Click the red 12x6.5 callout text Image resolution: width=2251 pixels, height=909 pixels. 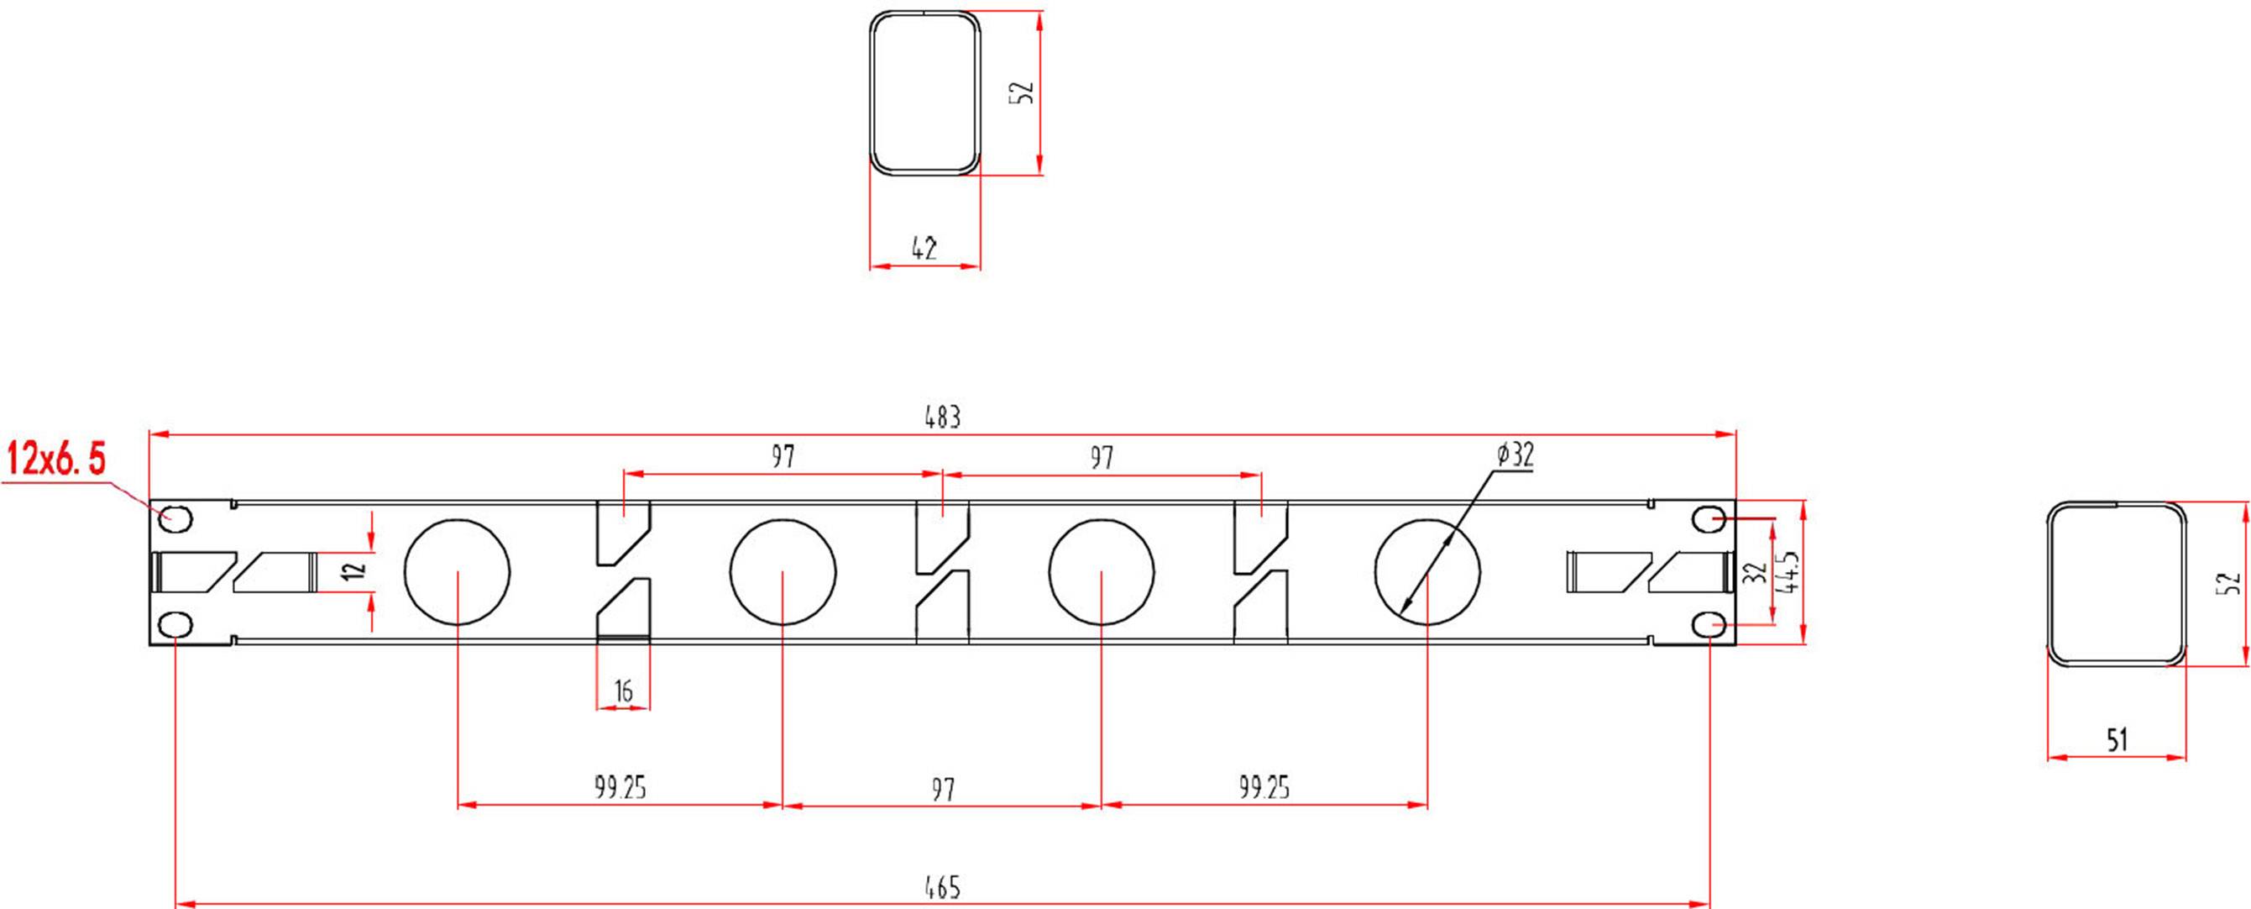point(57,459)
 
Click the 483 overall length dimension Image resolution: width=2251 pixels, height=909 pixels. point(943,417)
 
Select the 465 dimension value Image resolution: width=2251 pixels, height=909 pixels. point(943,887)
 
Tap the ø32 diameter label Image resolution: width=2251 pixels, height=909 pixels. point(1515,454)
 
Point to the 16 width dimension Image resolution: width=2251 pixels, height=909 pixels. point(623,691)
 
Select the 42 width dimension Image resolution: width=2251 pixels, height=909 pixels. point(924,248)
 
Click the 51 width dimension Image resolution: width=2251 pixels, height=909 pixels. point(2117,740)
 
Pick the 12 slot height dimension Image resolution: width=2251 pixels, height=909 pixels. point(353,571)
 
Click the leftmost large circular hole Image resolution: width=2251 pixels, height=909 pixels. point(457,571)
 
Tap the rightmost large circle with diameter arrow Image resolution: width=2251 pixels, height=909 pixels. point(1427,571)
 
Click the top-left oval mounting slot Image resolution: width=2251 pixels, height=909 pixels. point(175,519)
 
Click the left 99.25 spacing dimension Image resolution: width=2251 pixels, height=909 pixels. point(620,787)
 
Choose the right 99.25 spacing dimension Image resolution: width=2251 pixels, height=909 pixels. point(1264,787)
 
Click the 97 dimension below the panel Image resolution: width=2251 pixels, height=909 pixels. point(943,789)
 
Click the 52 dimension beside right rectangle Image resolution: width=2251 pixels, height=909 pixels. point(2231,584)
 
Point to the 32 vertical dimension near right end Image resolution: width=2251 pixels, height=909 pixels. point(1754,572)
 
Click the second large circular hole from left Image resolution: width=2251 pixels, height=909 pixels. point(782,571)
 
